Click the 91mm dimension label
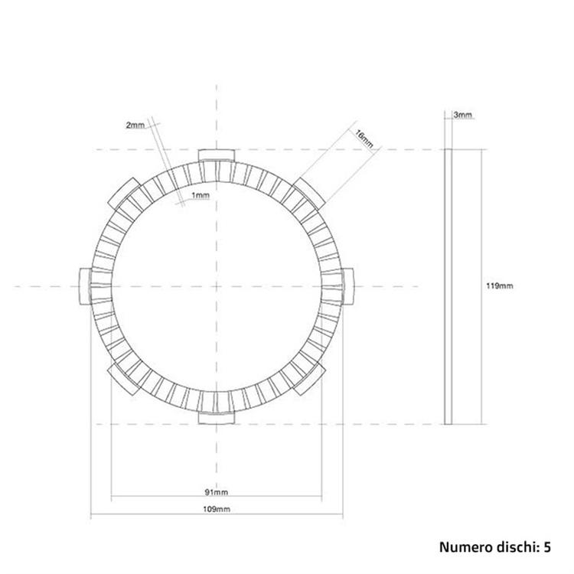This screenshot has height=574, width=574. pos(217,492)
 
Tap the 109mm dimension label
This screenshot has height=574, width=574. pos(217,509)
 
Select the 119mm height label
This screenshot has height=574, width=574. pos(500,286)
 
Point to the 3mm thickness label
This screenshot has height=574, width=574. pos(463,115)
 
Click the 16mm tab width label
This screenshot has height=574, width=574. pos(364,139)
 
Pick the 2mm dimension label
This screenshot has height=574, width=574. pos(135,126)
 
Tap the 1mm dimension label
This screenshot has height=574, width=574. pos(201,195)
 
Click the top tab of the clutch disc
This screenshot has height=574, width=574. pos(217,155)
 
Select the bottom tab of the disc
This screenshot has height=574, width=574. pos(217,418)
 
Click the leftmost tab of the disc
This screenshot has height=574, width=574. pos(85,286)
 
